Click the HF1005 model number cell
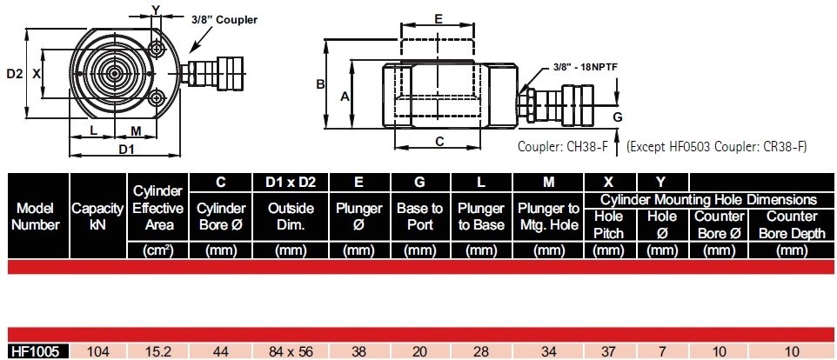coord(38,351)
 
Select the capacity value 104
coord(97,351)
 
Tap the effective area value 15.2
coord(157,351)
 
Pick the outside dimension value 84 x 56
coord(291,351)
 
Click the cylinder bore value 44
coord(220,351)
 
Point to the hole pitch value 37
coord(608,351)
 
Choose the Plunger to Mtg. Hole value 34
coord(549,351)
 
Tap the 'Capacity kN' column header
coord(97,216)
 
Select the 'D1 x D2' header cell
coord(291,183)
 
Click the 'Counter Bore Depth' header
coord(792,224)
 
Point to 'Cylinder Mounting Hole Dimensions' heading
coord(709,200)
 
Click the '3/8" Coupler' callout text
coord(224,20)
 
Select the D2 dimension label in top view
coord(15,74)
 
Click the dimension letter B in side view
coord(319,83)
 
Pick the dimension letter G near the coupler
coord(618,117)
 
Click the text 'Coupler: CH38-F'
coord(563,147)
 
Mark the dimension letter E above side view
coord(438,19)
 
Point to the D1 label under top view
coord(126,150)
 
